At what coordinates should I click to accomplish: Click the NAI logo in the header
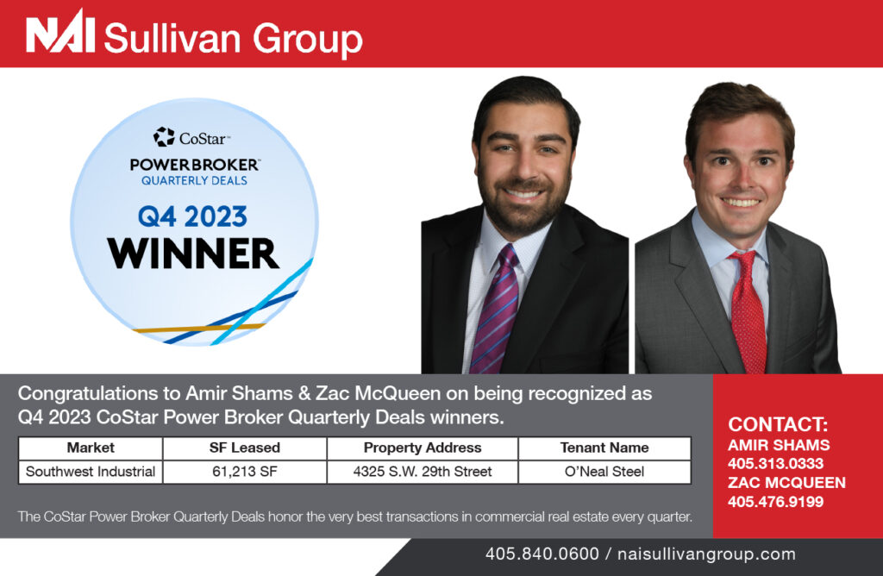point(60,32)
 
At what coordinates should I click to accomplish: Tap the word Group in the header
point(308,40)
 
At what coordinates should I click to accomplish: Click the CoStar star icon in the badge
point(164,137)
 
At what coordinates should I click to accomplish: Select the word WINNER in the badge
point(193,253)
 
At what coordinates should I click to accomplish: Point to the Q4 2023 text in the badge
point(192,216)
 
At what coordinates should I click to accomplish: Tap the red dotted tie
point(748,311)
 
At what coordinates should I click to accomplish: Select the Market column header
point(91,448)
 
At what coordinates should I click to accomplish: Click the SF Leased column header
point(245,448)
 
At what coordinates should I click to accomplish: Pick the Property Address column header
point(423,448)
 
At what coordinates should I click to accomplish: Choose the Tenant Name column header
point(604,448)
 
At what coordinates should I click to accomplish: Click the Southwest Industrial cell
point(91,472)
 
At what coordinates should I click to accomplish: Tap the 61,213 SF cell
point(245,472)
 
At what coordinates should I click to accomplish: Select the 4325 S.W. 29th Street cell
point(423,472)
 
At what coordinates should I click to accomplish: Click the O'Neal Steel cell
point(604,472)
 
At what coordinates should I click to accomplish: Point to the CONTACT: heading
point(778,424)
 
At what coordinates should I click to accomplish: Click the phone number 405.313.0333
point(775,463)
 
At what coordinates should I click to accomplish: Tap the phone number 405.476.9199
point(775,502)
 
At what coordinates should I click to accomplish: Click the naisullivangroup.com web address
point(707,554)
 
